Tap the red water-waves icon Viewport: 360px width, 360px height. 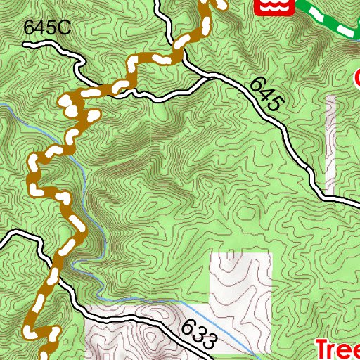coord(266,6)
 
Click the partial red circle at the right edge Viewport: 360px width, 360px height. coord(356,76)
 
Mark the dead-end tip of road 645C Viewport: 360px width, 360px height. coord(25,44)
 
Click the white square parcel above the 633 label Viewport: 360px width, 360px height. coord(240,281)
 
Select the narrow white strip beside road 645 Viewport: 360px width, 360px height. coord(331,144)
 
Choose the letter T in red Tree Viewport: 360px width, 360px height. coord(321,349)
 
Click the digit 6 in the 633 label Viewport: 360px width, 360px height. coord(187,327)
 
